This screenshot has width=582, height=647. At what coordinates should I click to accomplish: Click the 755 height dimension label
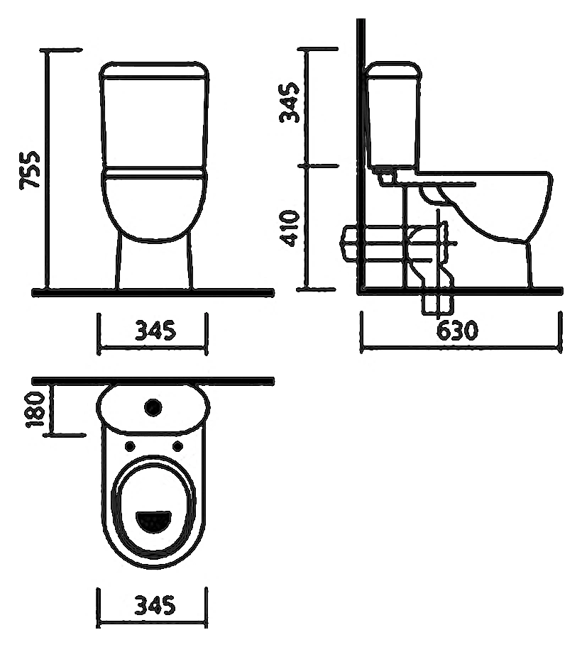click(30, 170)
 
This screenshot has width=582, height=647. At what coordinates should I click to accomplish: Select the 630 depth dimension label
click(457, 330)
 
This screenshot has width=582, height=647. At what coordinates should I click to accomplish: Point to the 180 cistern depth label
click(35, 410)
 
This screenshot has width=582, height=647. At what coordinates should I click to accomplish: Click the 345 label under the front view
click(155, 330)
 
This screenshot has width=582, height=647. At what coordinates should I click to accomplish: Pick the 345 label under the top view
click(155, 605)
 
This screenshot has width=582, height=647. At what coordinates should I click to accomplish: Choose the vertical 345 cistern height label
click(289, 102)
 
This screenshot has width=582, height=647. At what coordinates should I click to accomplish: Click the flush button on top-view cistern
click(153, 407)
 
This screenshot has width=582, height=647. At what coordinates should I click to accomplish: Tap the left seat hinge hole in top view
click(130, 446)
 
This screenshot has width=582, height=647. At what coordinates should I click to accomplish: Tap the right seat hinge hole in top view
click(177, 446)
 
